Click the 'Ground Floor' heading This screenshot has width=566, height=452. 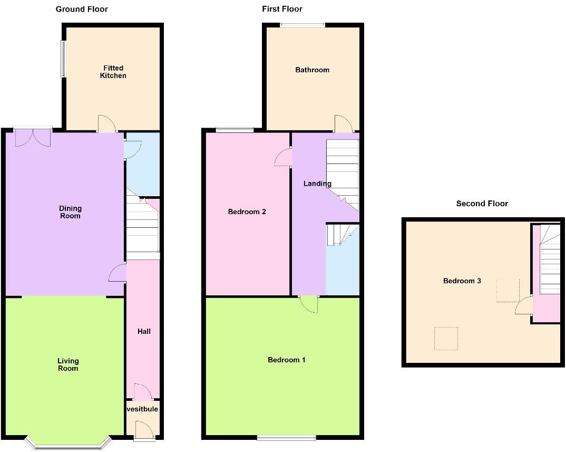pyautogui.click(x=82, y=9)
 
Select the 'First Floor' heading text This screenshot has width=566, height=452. pyautogui.click(x=282, y=9)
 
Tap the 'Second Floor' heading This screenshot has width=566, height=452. pyautogui.click(x=482, y=204)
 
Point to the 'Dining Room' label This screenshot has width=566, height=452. pyautogui.click(x=70, y=212)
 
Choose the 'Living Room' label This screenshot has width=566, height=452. pyautogui.click(x=68, y=364)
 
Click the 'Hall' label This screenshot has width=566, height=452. pyautogui.click(x=144, y=331)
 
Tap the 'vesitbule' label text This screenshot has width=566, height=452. pyautogui.click(x=142, y=409)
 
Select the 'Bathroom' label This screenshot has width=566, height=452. pyautogui.click(x=312, y=70)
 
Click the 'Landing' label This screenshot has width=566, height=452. pyautogui.click(x=317, y=184)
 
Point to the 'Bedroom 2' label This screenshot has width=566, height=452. pyautogui.click(x=247, y=211)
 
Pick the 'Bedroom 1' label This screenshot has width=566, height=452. pyautogui.click(x=287, y=360)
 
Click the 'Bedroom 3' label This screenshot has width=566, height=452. pyautogui.click(x=462, y=281)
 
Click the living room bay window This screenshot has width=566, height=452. pyautogui.click(x=69, y=443)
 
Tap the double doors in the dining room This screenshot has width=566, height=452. pyautogui.click(x=33, y=138)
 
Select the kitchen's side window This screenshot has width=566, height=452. pyautogui.click(x=62, y=59)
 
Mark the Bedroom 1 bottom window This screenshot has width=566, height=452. pyautogui.click(x=286, y=437)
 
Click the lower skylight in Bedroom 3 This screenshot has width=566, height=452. pyautogui.click(x=446, y=338)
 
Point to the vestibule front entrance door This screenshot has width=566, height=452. pyautogui.click(x=143, y=430)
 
